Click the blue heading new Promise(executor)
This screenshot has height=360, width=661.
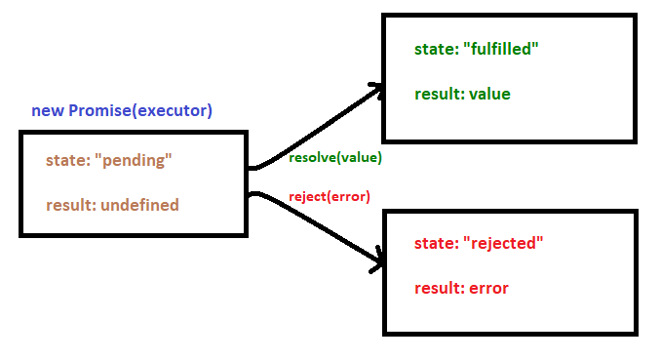click(122, 110)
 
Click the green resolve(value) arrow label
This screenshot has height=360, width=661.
click(335, 157)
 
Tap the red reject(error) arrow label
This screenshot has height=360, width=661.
click(330, 197)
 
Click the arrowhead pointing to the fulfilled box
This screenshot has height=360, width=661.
click(374, 91)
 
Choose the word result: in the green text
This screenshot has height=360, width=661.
click(440, 94)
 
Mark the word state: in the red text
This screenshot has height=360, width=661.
click(436, 243)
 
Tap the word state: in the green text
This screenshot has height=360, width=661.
click(436, 50)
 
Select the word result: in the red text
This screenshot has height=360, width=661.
click(440, 288)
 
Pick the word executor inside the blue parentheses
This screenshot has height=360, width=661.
click(173, 110)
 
